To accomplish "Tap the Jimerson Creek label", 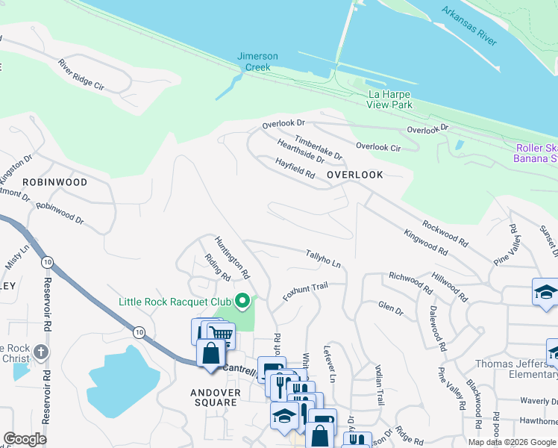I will (257, 61).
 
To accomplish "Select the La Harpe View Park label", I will (389, 99).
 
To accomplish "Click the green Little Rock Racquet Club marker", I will (242, 302).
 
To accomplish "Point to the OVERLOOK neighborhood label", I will (355, 175).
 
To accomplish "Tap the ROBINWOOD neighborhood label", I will (54, 182).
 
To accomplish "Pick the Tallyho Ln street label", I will (323, 259).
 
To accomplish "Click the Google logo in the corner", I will (25, 439).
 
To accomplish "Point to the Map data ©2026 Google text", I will (511, 442).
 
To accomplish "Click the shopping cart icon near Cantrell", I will (219, 333).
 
